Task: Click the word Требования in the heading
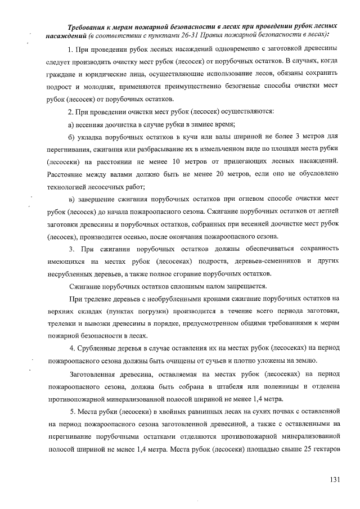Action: pyautogui.click(x=89, y=27)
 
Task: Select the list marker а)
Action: pyautogui.click(x=71, y=124)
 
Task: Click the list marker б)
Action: pyautogui.click(x=71, y=137)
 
